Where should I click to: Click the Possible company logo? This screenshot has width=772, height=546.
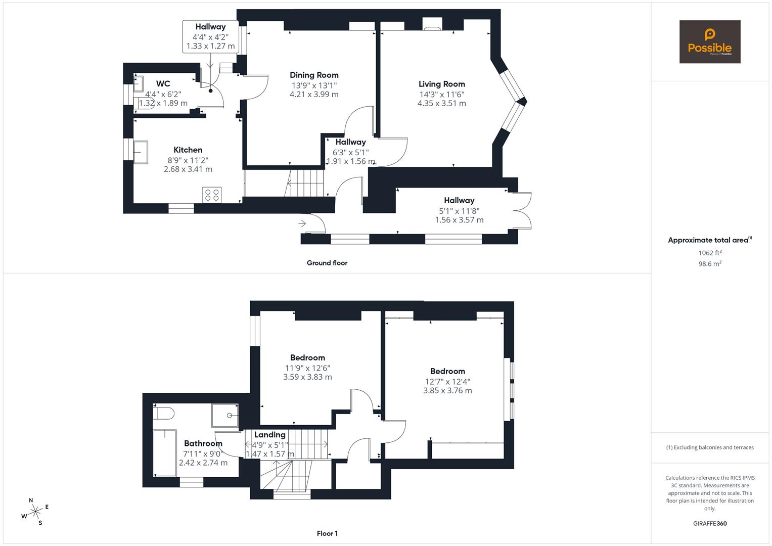[x=709, y=41]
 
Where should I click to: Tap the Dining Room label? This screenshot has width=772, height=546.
[x=314, y=75]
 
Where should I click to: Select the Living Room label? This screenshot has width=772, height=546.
[x=441, y=84]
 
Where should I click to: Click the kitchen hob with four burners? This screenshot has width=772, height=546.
[x=212, y=195]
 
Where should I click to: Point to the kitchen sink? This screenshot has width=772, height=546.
[x=141, y=152]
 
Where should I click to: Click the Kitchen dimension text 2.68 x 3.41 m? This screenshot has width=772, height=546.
[x=188, y=169]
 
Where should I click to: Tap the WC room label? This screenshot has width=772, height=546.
[x=163, y=84]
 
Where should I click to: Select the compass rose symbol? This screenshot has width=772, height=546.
[x=35, y=512]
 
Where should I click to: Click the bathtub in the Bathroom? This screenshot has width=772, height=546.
[x=165, y=453]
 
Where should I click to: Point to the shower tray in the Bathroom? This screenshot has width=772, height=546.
[x=225, y=415]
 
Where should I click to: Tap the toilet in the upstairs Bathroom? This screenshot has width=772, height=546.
[x=163, y=413]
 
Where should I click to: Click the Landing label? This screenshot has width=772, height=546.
[x=269, y=435]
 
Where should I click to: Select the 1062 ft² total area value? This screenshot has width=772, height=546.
[x=710, y=253]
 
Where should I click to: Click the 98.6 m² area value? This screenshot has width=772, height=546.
[x=710, y=264]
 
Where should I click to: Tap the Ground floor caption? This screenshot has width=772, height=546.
[x=327, y=263]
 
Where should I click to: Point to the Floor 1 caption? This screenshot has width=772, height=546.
[x=327, y=533]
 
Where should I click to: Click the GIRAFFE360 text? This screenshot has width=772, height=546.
[x=709, y=524]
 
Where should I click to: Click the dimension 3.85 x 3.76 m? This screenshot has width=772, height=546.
[x=447, y=390]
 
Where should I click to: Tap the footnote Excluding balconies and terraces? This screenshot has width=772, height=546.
[x=710, y=447]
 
